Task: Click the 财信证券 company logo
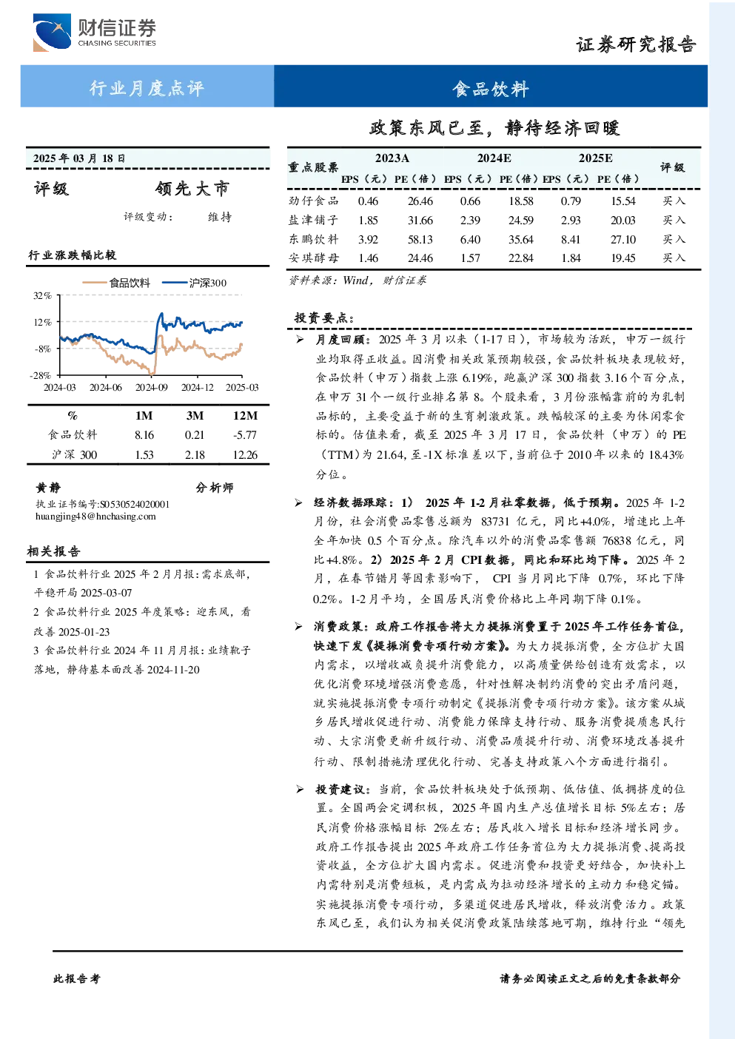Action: pos(95,32)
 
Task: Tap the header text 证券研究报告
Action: pos(636,45)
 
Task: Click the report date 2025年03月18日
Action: pos(79,158)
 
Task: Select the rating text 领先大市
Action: pos(192,189)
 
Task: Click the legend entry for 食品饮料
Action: pos(116,283)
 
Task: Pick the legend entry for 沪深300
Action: pos(195,283)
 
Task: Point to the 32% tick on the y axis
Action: pos(42,295)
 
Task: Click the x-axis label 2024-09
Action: pos(151,387)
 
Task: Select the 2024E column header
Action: pos(494,158)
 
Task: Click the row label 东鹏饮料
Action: pos(314,239)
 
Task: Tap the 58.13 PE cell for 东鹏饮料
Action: pos(420,240)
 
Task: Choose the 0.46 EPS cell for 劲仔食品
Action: pos(368,201)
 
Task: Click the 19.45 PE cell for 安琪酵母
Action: pos(622,258)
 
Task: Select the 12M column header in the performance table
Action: pos(245,416)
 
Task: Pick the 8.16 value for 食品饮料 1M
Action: pos(144,435)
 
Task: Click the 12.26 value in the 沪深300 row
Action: pos(245,455)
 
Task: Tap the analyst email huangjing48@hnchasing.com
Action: pos(95,517)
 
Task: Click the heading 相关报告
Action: pos(53,551)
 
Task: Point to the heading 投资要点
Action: pos(324,317)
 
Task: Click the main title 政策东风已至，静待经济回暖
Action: pos(494,127)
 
